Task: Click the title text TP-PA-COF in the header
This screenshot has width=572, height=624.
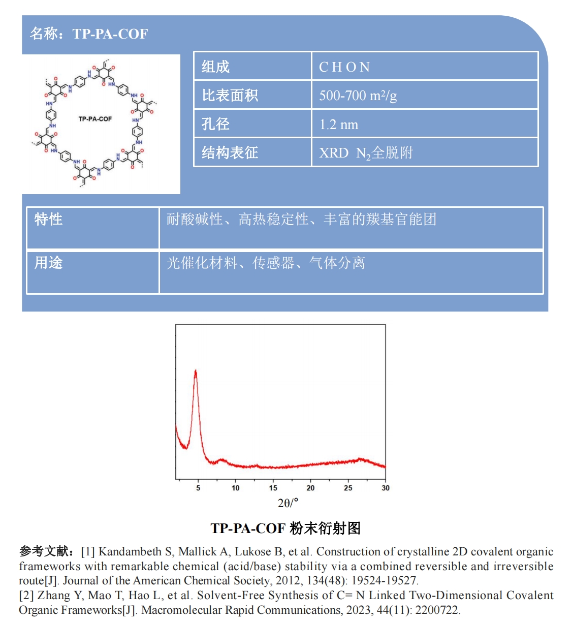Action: click(110, 34)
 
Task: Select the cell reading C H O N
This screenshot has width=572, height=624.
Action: click(344, 67)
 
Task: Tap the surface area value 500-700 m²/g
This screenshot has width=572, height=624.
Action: click(358, 96)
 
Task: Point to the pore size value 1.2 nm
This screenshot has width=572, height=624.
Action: click(339, 124)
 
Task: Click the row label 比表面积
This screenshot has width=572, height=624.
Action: click(230, 96)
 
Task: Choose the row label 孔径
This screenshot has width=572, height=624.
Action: click(215, 124)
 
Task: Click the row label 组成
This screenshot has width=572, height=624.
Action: click(215, 67)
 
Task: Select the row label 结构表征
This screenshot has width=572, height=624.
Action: click(230, 152)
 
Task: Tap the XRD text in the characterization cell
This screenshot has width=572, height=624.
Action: click(334, 153)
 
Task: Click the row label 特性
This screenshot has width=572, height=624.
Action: click(48, 219)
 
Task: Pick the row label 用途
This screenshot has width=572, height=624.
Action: click(48, 263)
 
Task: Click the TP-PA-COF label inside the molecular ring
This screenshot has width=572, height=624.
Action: click(95, 119)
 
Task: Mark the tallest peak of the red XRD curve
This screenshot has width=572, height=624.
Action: click(196, 371)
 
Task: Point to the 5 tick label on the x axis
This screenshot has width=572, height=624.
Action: click(198, 488)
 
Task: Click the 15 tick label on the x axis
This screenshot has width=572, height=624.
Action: click(273, 488)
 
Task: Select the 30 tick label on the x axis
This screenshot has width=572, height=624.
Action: click(385, 488)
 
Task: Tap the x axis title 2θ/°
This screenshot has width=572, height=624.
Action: click(288, 503)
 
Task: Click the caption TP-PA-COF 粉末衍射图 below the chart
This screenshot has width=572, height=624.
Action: click(285, 528)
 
